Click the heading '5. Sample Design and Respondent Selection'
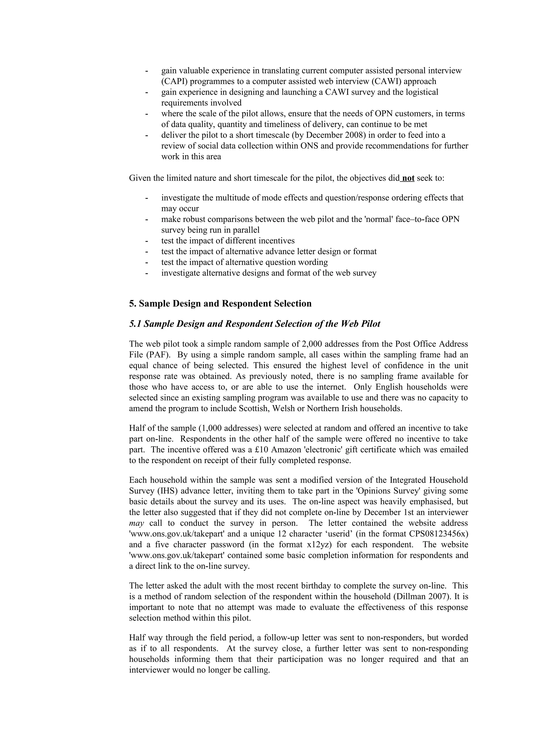tap(220, 303)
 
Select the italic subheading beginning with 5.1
tap(255, 324)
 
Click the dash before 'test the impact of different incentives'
tap(147, 241)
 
